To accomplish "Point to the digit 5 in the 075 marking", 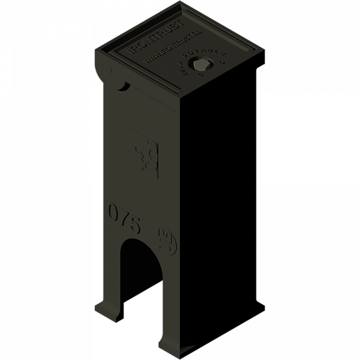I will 134,227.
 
